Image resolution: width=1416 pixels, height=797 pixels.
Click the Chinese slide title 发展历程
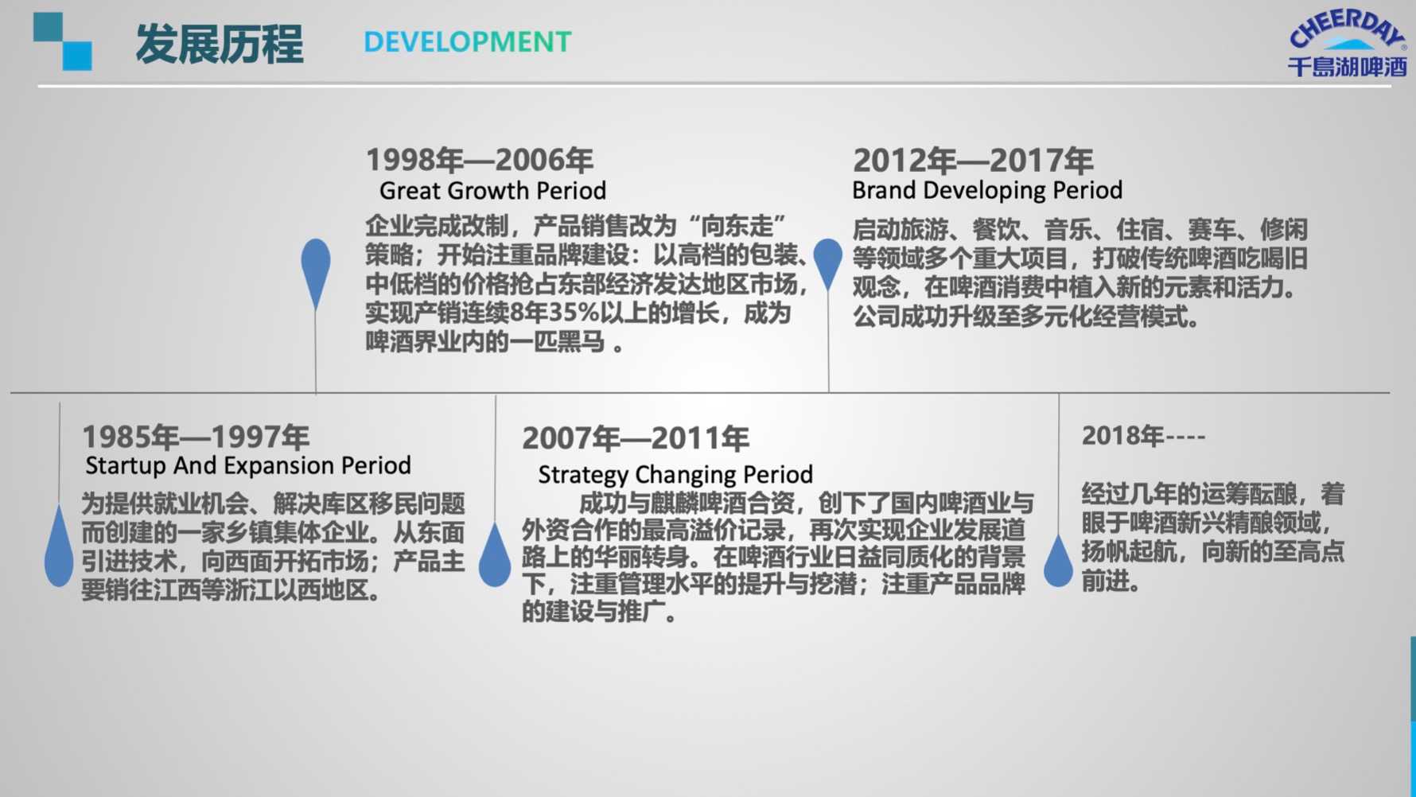219,44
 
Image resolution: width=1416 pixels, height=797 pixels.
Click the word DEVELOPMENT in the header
468,42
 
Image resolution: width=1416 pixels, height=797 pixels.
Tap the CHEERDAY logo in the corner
1347,43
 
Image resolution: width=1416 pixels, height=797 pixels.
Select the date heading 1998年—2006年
480,160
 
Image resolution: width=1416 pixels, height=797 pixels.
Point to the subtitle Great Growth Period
492,191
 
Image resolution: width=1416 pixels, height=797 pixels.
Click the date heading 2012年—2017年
973,161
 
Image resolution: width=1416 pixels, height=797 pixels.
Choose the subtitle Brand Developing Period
987,190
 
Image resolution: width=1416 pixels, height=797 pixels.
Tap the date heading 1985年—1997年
196,437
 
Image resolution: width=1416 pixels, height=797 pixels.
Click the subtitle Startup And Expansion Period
248,465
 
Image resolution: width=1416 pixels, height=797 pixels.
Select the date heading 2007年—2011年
636,438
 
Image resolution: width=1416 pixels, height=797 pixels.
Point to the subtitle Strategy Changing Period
675,475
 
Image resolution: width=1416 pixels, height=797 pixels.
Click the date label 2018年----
1143,436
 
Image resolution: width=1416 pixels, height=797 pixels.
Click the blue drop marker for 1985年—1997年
59,549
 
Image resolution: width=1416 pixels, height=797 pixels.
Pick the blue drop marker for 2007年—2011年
495,556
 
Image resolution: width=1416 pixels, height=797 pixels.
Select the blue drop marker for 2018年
1058,562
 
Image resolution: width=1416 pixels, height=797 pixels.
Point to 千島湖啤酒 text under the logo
1348,67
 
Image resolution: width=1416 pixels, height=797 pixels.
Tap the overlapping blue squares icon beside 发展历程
62,41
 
